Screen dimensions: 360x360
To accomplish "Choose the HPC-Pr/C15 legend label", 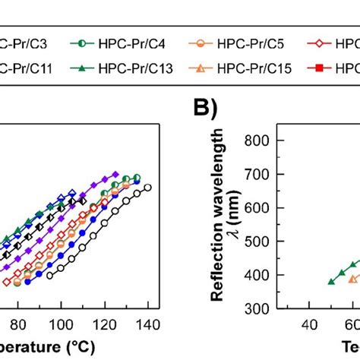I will [x=245, y=69].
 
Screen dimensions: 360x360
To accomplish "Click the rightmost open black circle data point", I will [x=147, y=188].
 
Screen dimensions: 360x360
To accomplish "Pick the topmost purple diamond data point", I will [x=115, y=174].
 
